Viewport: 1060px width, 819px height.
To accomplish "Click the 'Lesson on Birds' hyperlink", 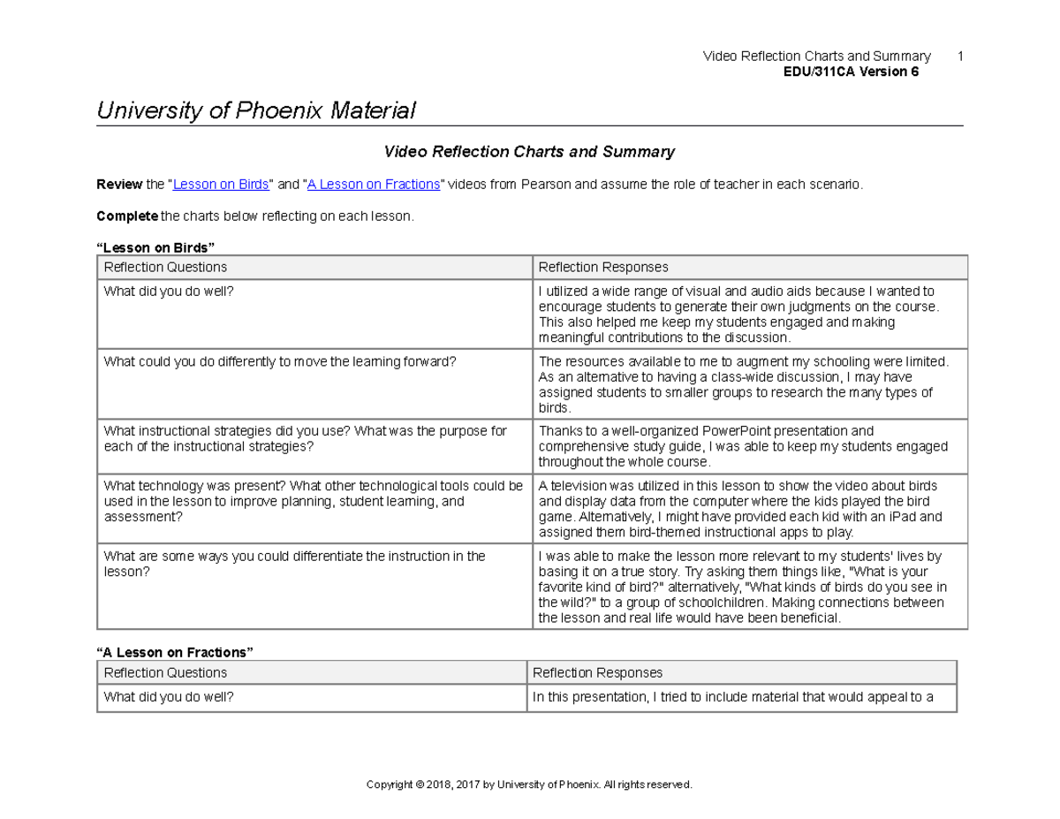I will coord(221,185).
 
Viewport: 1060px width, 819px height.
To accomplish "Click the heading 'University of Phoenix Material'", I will coord(255,110).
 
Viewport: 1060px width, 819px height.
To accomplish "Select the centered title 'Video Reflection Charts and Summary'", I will coord(529,152).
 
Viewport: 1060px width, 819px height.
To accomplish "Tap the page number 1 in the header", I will coord(960,57).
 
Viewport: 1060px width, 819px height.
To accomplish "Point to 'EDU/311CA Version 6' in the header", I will coord(851,72).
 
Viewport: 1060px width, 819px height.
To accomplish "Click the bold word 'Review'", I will coord(119,185).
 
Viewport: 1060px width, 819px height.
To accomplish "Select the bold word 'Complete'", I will coord(126,216).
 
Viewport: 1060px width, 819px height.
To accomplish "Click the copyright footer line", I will coord(529,785).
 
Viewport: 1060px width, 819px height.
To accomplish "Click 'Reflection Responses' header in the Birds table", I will coord(603,267).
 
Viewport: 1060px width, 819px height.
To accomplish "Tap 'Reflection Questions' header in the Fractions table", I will coord(165,672).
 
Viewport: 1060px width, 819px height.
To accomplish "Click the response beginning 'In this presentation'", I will coord(732,697).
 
